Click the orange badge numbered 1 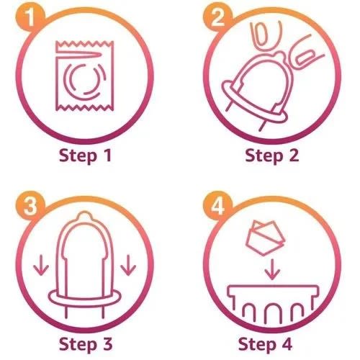coord(30,17)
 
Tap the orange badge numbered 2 coord(217,17)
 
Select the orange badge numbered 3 coord(30,206)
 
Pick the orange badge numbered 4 coord(217,206)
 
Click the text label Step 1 coord(85,156)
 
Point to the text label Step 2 coord(272,156)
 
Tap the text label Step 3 coord(86,344)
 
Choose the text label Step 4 coord(265,344)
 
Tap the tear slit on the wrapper coord(78,55)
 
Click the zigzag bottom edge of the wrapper coord(84,108)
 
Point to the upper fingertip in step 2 coord(264,36)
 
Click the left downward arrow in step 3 coord(41,266)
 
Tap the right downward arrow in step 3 coord(128,266)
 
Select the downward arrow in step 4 coord(272,269)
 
